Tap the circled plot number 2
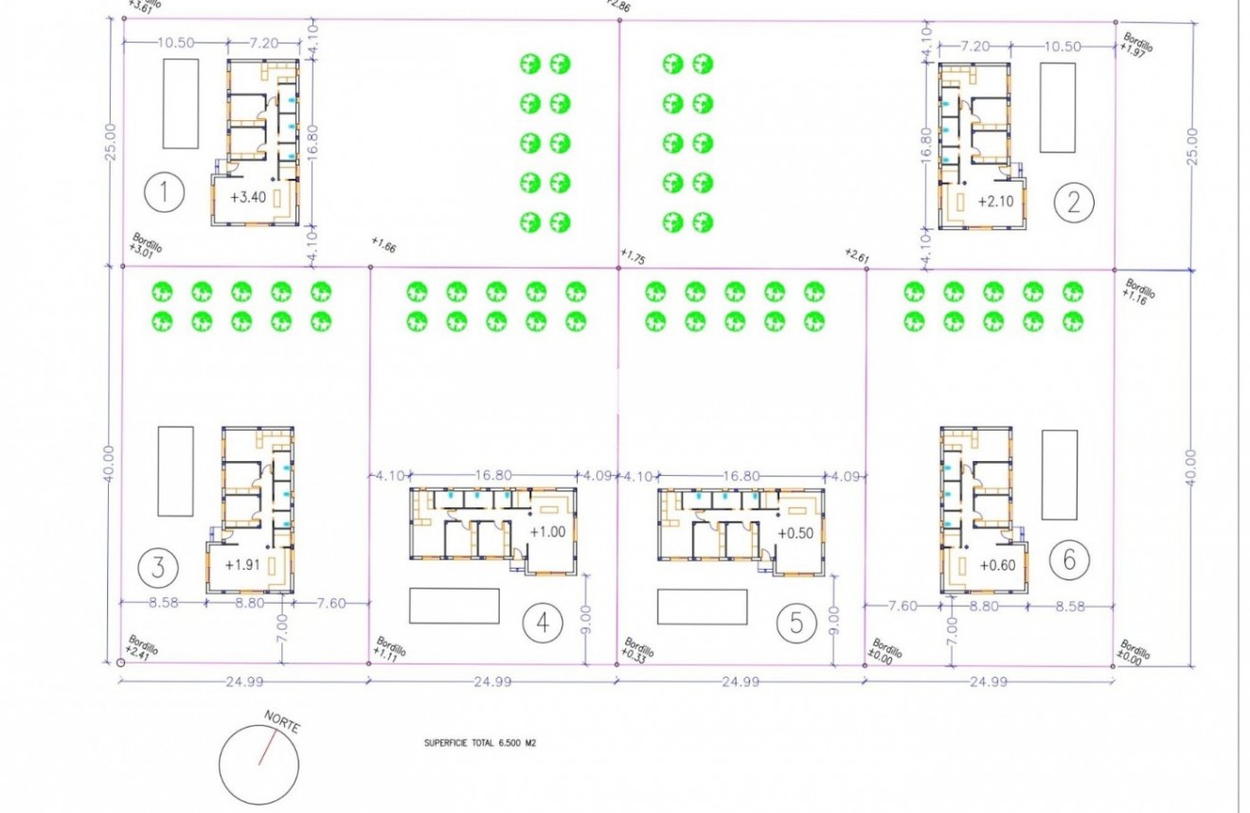pyautogui.click(x=1073, y=201)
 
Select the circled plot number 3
pyautogui.click(x=157, y=568)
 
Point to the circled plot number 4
pyautogui.click(x=543, y=622)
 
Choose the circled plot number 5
pyautogui.click(x=795, y=622)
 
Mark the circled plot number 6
pyautogui.click(x=1069, y=560)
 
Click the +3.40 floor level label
pyautogui.click(x=249, y=198)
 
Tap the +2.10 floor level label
pyautogui.click(x=994, y=201)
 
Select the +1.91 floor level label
pyautogui.click(x=242, y=565)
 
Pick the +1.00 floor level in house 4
pyautogui.click(x=547, y=532)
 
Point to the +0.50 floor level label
pyautogui.click(x=795, y=533)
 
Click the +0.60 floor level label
pyautogui.click(x=996, y=565)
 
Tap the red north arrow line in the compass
pyautogui.click(x=267, y=746)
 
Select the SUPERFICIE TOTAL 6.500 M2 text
pyautogui.click(x=481, y=744)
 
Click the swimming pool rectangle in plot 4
pyautogui.click(x=454, y=606)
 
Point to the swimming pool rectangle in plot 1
pyautogui.click(x=181, y=103)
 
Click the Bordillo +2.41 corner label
pyautogui.click(x=142, y=646)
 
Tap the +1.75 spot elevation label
pyautogui.click(x=634, y=256)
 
